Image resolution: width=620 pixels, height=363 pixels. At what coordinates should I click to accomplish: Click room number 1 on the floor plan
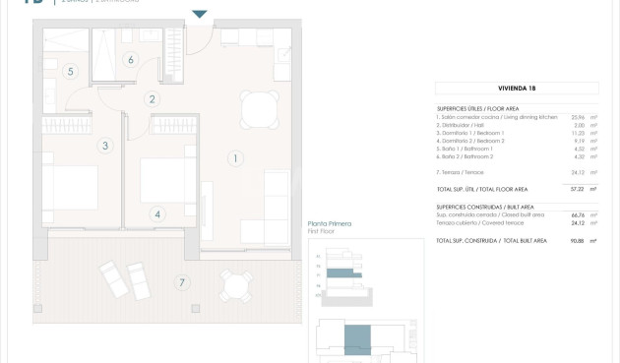(235, 157)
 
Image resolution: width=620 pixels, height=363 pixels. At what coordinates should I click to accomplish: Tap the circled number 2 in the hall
(152, 98)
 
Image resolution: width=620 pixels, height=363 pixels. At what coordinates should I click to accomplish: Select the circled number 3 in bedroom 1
(104, 146)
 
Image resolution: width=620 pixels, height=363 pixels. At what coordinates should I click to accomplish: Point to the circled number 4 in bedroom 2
(157, 212)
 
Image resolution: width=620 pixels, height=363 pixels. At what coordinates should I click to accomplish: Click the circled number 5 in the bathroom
(71, 71)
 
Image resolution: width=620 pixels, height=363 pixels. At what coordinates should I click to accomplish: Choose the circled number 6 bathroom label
(130, 59)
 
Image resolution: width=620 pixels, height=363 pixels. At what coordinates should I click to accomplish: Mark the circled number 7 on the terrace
(180, 283)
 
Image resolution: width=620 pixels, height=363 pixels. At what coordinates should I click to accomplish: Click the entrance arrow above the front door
(200, 14)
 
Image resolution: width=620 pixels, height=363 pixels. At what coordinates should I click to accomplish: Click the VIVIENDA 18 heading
(518, 89)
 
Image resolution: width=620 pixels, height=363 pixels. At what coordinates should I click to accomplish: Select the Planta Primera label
(330, 224)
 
